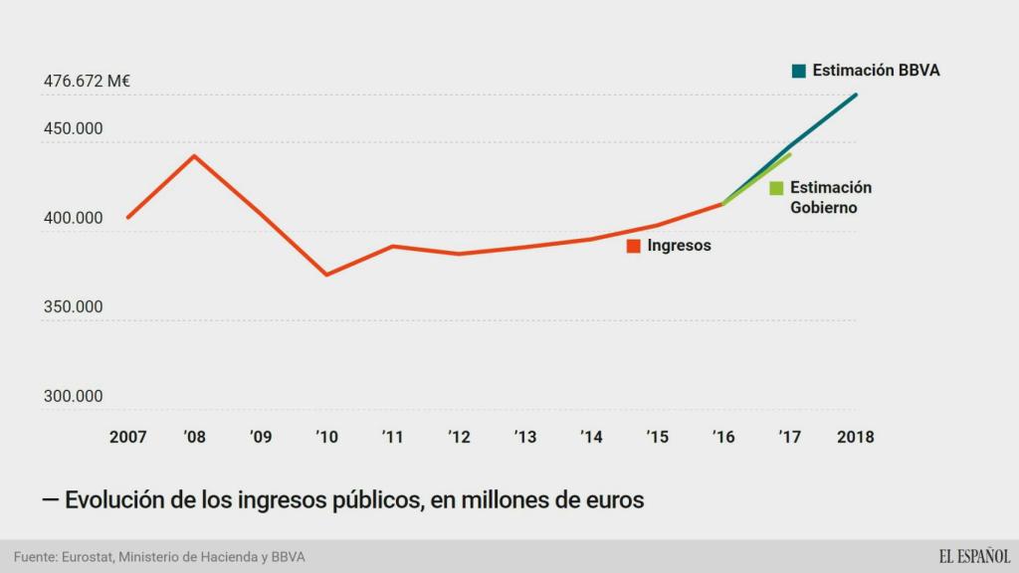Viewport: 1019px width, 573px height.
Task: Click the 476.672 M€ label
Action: [x=88, y=82]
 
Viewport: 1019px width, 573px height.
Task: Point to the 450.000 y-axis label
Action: [x=73, y=128]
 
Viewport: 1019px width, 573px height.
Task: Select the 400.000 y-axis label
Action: [x=73, y=218]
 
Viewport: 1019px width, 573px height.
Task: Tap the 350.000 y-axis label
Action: [x=73, y=307]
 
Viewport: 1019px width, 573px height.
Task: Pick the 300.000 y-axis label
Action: [x=73, y=396]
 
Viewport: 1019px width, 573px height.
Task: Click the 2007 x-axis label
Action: [x=127, y=437]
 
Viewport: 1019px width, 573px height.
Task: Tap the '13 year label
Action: [x=524, y=437]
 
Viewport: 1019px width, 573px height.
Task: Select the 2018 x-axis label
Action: [x=856, y=437]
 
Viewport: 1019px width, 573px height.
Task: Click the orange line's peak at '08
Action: [x=194, y=155]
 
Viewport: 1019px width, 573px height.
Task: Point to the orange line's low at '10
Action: [x=326, y=275]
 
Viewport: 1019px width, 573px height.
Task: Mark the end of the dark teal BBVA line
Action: [x=857, y=95]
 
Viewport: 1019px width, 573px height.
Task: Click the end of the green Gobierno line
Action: [x=790, y=154]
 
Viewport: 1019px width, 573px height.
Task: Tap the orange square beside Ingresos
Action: [x=633, y=246]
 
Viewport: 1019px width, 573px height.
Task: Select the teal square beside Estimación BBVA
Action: [x=798, y=71]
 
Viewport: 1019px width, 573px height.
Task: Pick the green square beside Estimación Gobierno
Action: [x=776, y=188]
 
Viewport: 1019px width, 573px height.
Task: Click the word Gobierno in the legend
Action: [x=823, y=208]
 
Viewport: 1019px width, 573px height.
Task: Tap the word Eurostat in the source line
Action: [x=87, y=556]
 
